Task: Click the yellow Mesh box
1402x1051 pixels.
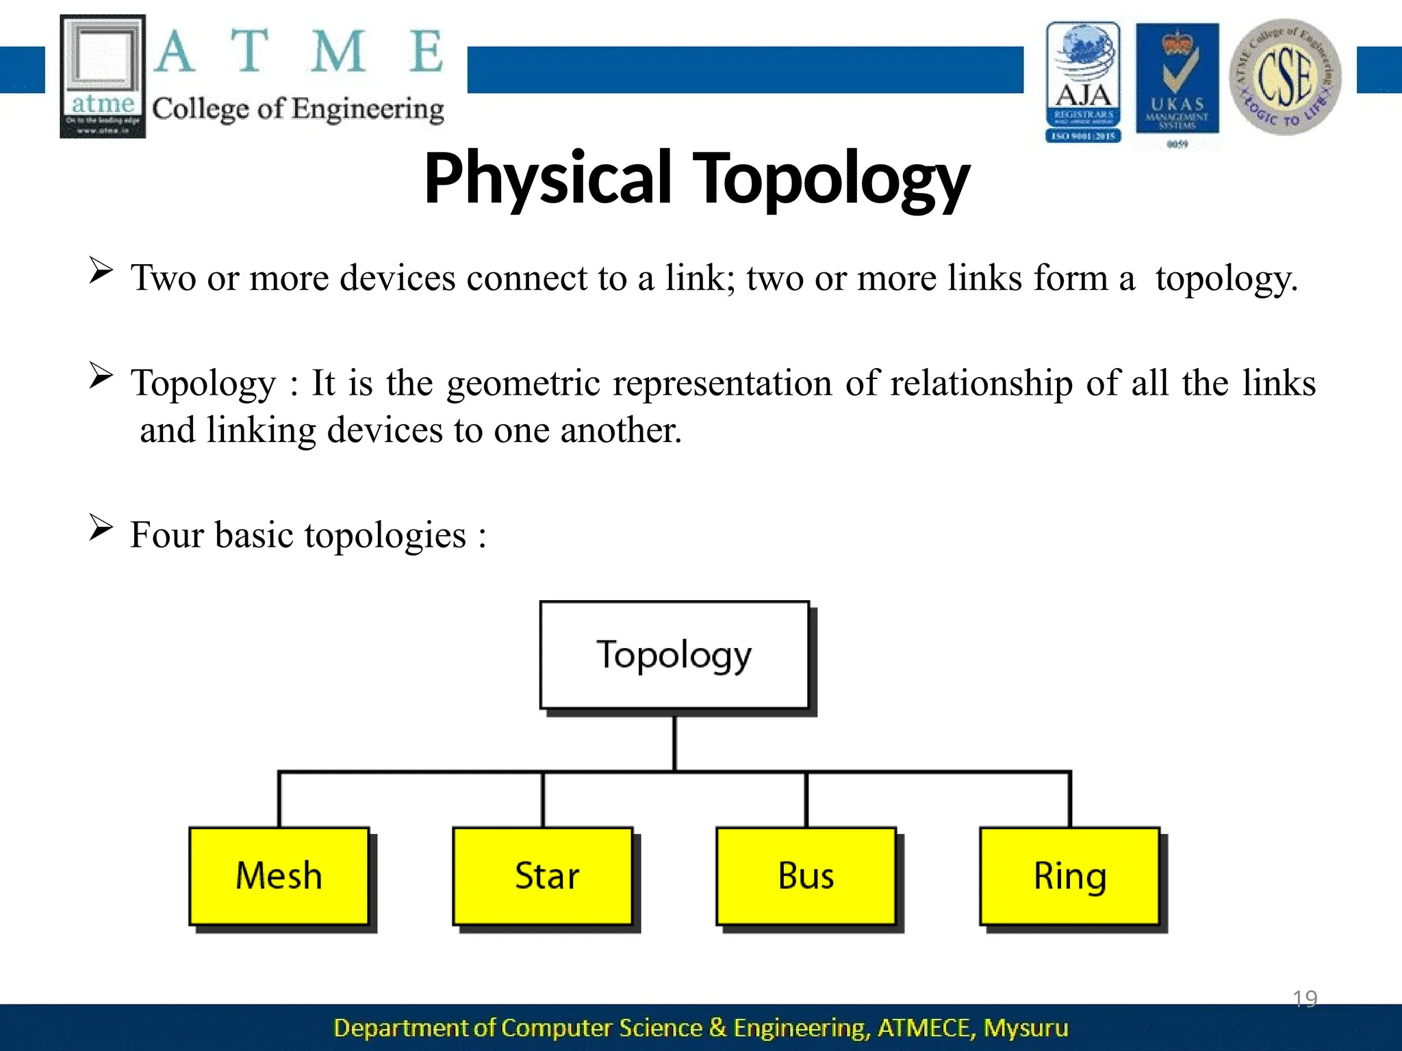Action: tap(279, 876)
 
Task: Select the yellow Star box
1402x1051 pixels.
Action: tap(542, 876)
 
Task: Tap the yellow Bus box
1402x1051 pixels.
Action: tap(806, 876)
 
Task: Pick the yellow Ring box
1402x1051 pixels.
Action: tap(1069, 876)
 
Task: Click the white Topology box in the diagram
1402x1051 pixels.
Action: tap(674, 655)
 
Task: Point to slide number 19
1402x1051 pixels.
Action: tap(1305, 999)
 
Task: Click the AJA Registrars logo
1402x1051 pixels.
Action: tap(1083, 82)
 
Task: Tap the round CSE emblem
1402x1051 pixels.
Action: tap(1285, 77)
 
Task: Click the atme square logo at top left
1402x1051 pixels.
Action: tap(103, 75)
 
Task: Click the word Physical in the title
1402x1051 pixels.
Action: tap(548, 179)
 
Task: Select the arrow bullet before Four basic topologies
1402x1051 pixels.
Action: tap(101, 528)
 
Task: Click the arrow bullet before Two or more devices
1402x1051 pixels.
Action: tap(101, 271)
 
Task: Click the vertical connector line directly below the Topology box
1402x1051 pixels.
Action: tap(674, 742)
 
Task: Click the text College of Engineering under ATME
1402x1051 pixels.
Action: tap(298, 109)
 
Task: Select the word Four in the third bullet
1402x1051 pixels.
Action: tap(167, 534)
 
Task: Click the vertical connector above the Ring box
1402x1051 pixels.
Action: tap(1070, 799)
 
